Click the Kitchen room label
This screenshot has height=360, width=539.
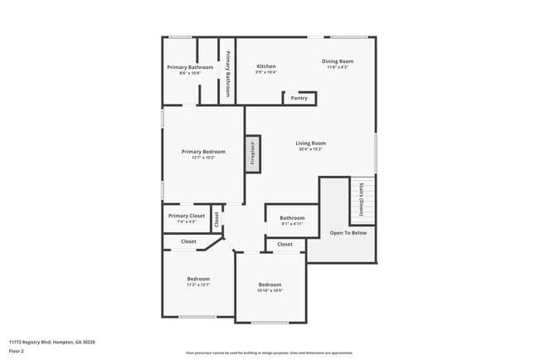click(x=266, y=66)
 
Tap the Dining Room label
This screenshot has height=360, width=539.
click(x=337, y=61)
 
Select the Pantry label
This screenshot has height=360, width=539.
click(x=299, y=98)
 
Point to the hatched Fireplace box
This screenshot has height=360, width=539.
click(x=253, y=154)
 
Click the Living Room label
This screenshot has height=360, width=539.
click(x=311, y=144)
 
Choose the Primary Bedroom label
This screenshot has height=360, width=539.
click(x=203, y=152)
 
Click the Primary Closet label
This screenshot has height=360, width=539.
click(x=186, y=216)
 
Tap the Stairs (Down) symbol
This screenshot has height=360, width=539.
click(x=362, y=200)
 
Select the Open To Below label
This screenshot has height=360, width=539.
click(x=348, y=233)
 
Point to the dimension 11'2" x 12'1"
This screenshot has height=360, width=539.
click(x=198, y=285)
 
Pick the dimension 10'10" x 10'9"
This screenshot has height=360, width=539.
click(x=269, y=290)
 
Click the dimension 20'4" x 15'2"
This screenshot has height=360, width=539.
click(x=311, y=149)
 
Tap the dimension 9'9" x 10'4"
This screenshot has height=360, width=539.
click(x=266, y=72)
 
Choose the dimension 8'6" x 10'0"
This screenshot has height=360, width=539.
click(x=190, y=73)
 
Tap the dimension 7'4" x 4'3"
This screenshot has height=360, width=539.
click(x=186, y=221)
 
